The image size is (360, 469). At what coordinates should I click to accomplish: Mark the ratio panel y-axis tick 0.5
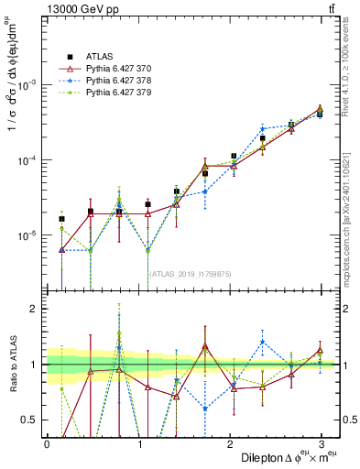(x=34, y=420)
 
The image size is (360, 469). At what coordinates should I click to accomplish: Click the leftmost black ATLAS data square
(x=61, y=219)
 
